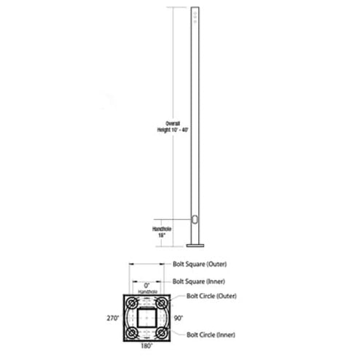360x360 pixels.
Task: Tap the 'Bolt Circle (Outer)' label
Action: click(x=211, y=296)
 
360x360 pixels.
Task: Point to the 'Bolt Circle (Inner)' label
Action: click(x=211, y=334)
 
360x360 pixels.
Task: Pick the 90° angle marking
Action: click(x=179, y=318)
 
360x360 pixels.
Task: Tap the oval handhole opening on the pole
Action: click(x=195, y=219)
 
